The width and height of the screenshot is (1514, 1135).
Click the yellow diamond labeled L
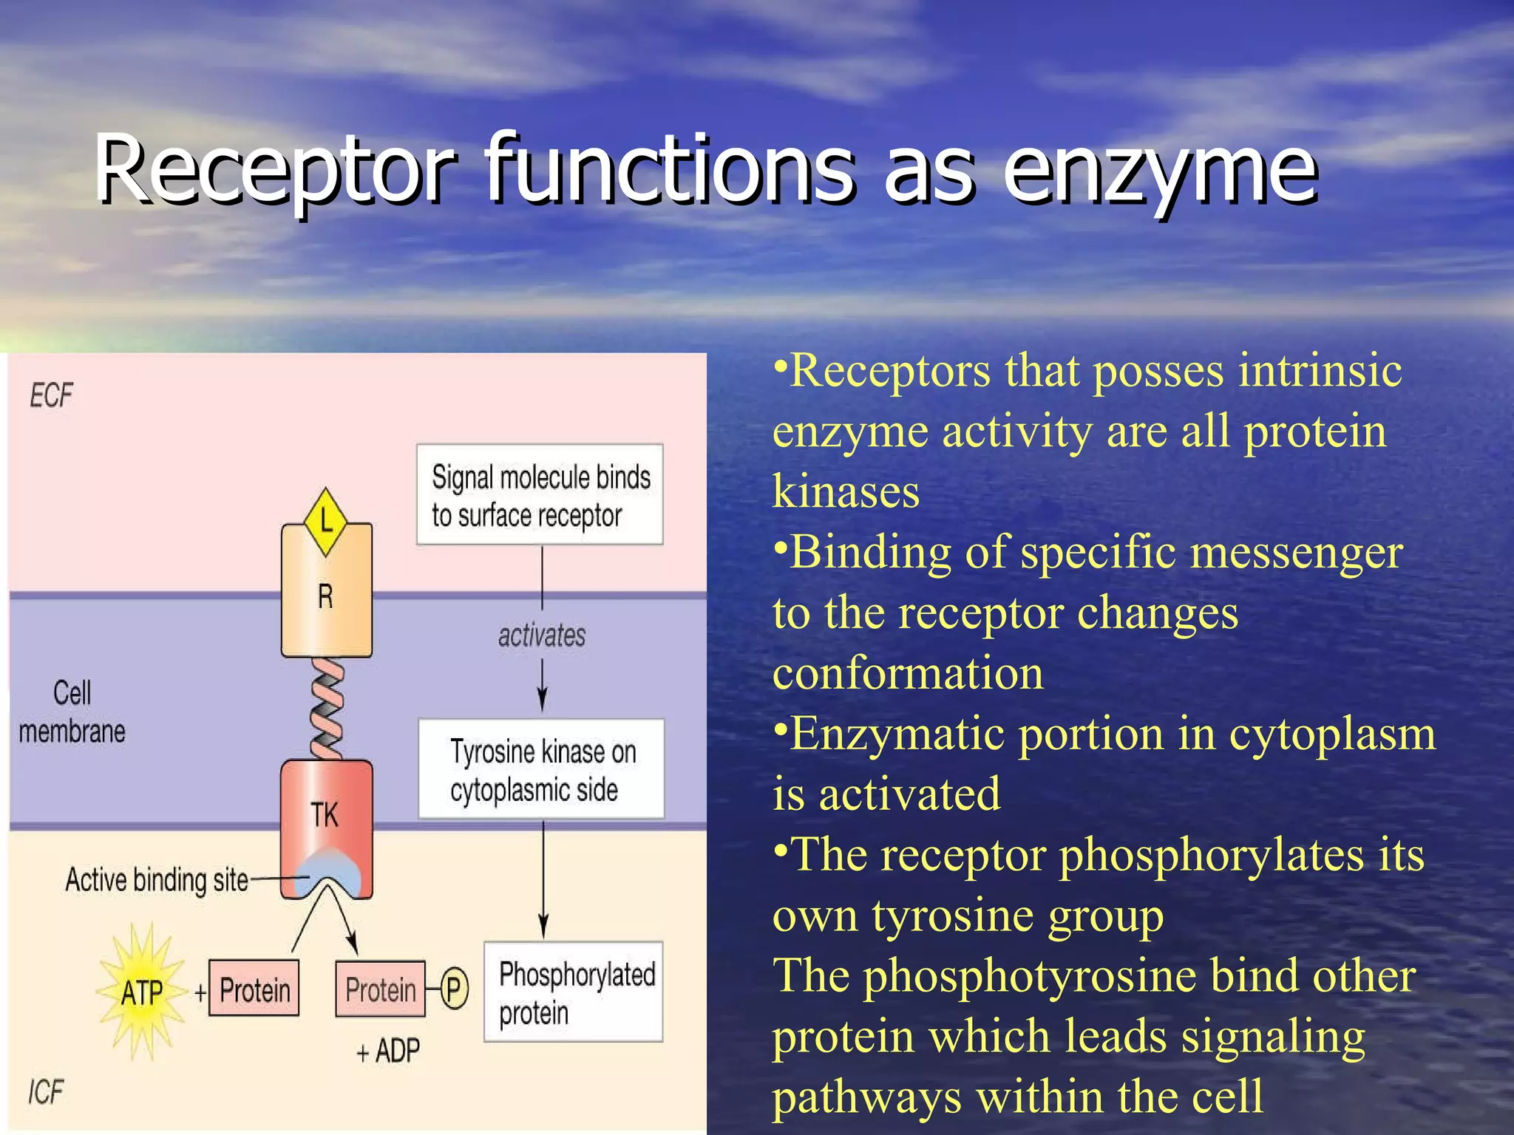click(x=325, y=522)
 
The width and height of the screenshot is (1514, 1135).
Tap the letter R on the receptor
click(x=325, y=596)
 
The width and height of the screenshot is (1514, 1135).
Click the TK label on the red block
click(x=325, y=815)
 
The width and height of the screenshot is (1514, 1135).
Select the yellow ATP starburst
click(x=142, y=992)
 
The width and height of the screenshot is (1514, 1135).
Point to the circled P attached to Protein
click(x=455, y=989)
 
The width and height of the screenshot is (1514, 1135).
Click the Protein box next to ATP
click(x=254, y=989)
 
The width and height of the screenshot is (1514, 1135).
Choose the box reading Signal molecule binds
click(x=540, y=495)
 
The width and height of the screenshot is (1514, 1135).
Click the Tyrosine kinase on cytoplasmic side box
click(x=541, y=769)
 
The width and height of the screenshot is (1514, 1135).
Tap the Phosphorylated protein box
click(x=574, y=992)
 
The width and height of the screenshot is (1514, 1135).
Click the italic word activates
click(x=541, y=635)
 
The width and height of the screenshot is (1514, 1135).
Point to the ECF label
click(x=52, y=395)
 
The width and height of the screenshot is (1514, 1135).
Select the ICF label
click(x=46, y=1091)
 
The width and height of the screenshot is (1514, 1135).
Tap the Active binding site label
click(x=157, y=880)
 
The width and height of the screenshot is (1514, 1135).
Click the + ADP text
click(x=388, y=1050)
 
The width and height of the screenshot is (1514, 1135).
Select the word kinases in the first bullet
click(x=846, y=491)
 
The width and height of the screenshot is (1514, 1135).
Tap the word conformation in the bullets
click(x=908, y=673)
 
